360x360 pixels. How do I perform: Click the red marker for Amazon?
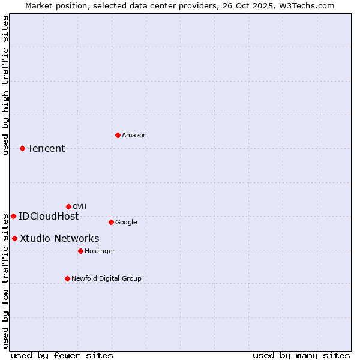[118, 135]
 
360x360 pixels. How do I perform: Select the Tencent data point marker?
[22, 148]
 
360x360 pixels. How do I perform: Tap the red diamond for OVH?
[68, 206]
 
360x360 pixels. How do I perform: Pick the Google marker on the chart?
[111, 222]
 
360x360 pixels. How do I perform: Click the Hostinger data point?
[80, 251]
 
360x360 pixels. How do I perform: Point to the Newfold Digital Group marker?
[67, 278]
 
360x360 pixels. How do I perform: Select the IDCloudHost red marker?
[13, 216]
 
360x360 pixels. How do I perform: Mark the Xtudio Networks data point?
[14, 238]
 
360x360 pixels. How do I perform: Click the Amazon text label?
[134, 136]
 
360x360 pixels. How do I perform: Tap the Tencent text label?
[46, 149]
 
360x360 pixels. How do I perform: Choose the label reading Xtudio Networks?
[59, 239]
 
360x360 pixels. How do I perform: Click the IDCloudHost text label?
[49, 217]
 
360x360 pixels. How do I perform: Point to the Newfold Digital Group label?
[106, 278]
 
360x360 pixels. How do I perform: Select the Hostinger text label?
[100, 251]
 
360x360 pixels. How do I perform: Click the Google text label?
[126, 223]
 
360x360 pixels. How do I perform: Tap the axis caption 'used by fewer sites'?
[62, 355]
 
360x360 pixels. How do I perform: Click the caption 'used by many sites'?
[301, 355]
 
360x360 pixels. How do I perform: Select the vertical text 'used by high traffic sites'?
[5, 85]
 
